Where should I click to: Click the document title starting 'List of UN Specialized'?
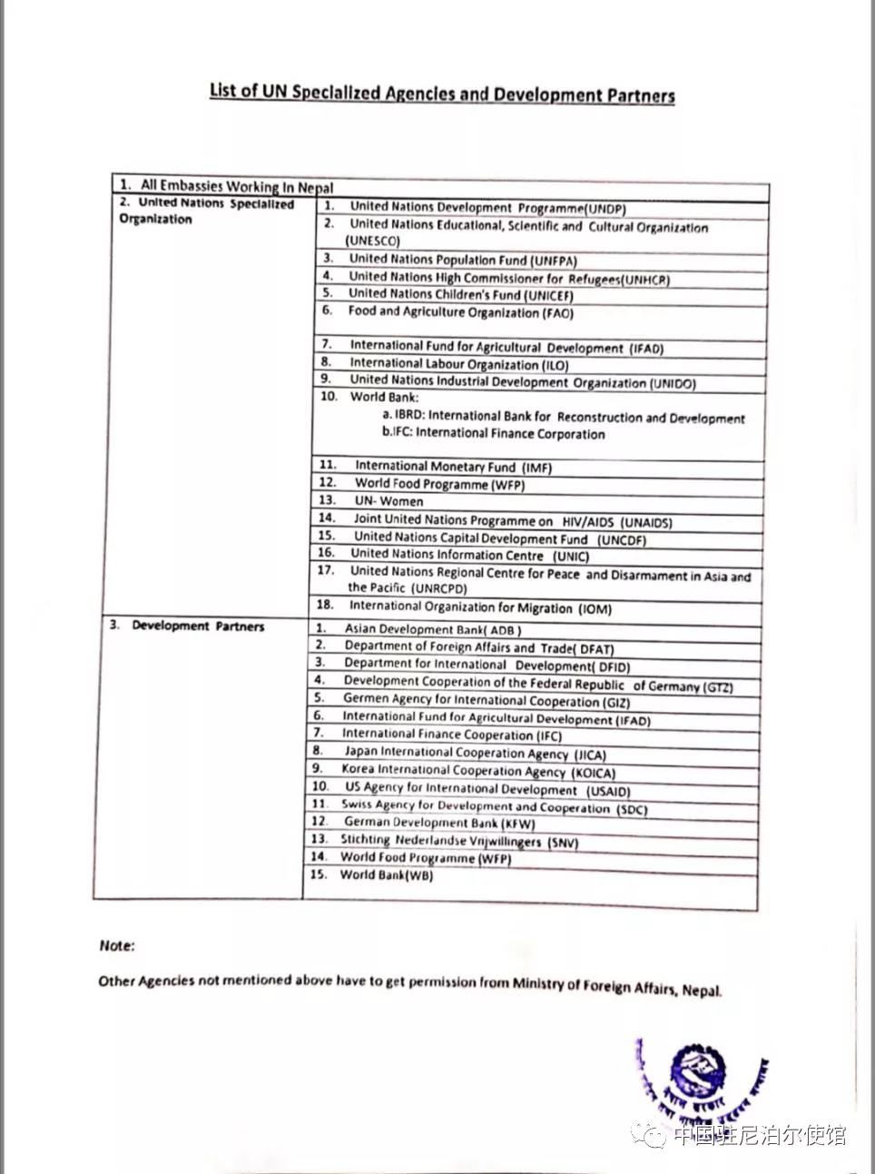(442, 93)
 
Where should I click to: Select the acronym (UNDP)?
(605, 209)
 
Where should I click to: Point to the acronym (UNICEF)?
(548, 295)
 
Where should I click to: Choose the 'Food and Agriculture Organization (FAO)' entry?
(460, 313)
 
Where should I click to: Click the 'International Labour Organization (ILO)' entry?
(458, 364)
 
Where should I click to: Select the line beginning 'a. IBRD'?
(563, 418)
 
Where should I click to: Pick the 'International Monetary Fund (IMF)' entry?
(452, 468)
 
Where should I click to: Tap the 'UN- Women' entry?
(388, 501)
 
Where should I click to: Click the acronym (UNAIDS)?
(646, 523)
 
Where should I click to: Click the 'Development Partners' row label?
(198, 626)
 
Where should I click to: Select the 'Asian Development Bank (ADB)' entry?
(432, 629)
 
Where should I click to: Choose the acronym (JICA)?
(590, 755)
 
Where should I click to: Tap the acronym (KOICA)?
(594, 773)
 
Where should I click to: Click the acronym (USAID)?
(608, 791)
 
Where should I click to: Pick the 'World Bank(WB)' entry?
(387, 875)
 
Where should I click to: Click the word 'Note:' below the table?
(117, 946)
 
